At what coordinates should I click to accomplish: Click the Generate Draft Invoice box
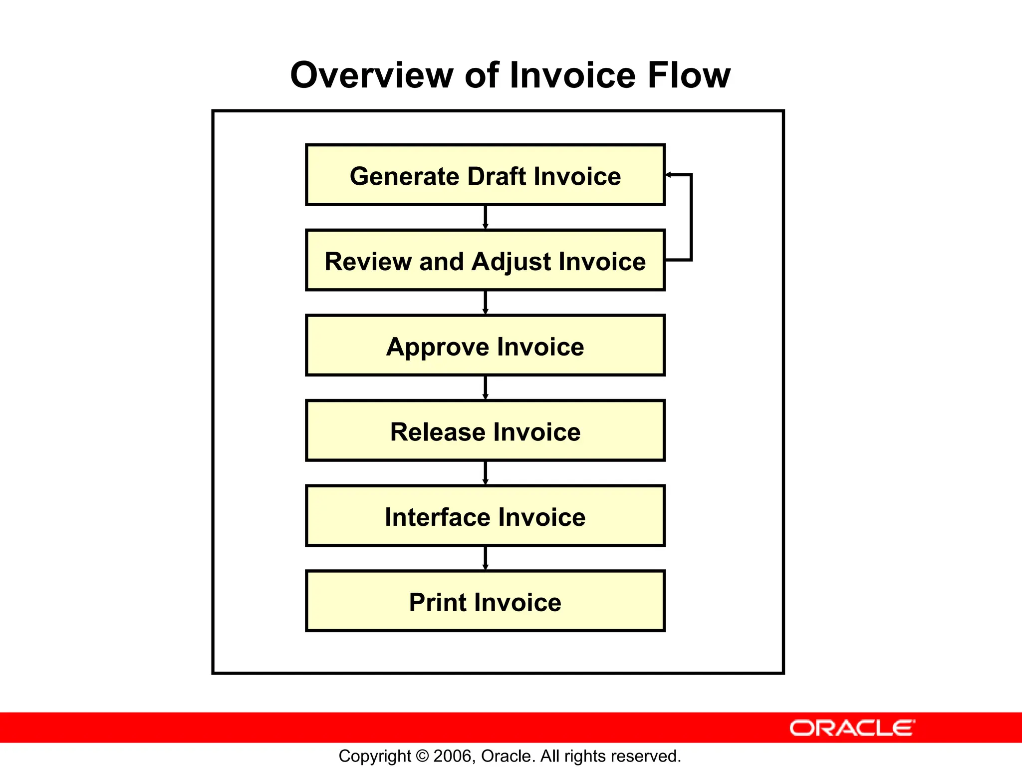coord(485,175)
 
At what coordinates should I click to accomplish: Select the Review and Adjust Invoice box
coord(485,260)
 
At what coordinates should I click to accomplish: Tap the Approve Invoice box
coord(485,346)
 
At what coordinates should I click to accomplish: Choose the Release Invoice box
coord(485,430)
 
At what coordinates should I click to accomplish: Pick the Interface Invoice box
coord(485,516)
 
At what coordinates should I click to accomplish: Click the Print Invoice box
coord(485,601)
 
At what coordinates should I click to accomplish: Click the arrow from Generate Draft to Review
coord(485,217)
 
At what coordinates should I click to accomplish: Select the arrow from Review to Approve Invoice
coord(485,303)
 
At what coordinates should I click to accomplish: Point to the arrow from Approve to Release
coord(485,387)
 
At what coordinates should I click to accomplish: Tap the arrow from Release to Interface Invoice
coord(485,473)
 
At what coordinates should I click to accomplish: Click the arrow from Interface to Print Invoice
coord(485,558)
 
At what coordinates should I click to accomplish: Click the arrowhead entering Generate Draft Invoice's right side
coord(669,175)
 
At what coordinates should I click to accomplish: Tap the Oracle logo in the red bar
coord(852,728)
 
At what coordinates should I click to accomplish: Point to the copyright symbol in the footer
coord(422,757)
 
